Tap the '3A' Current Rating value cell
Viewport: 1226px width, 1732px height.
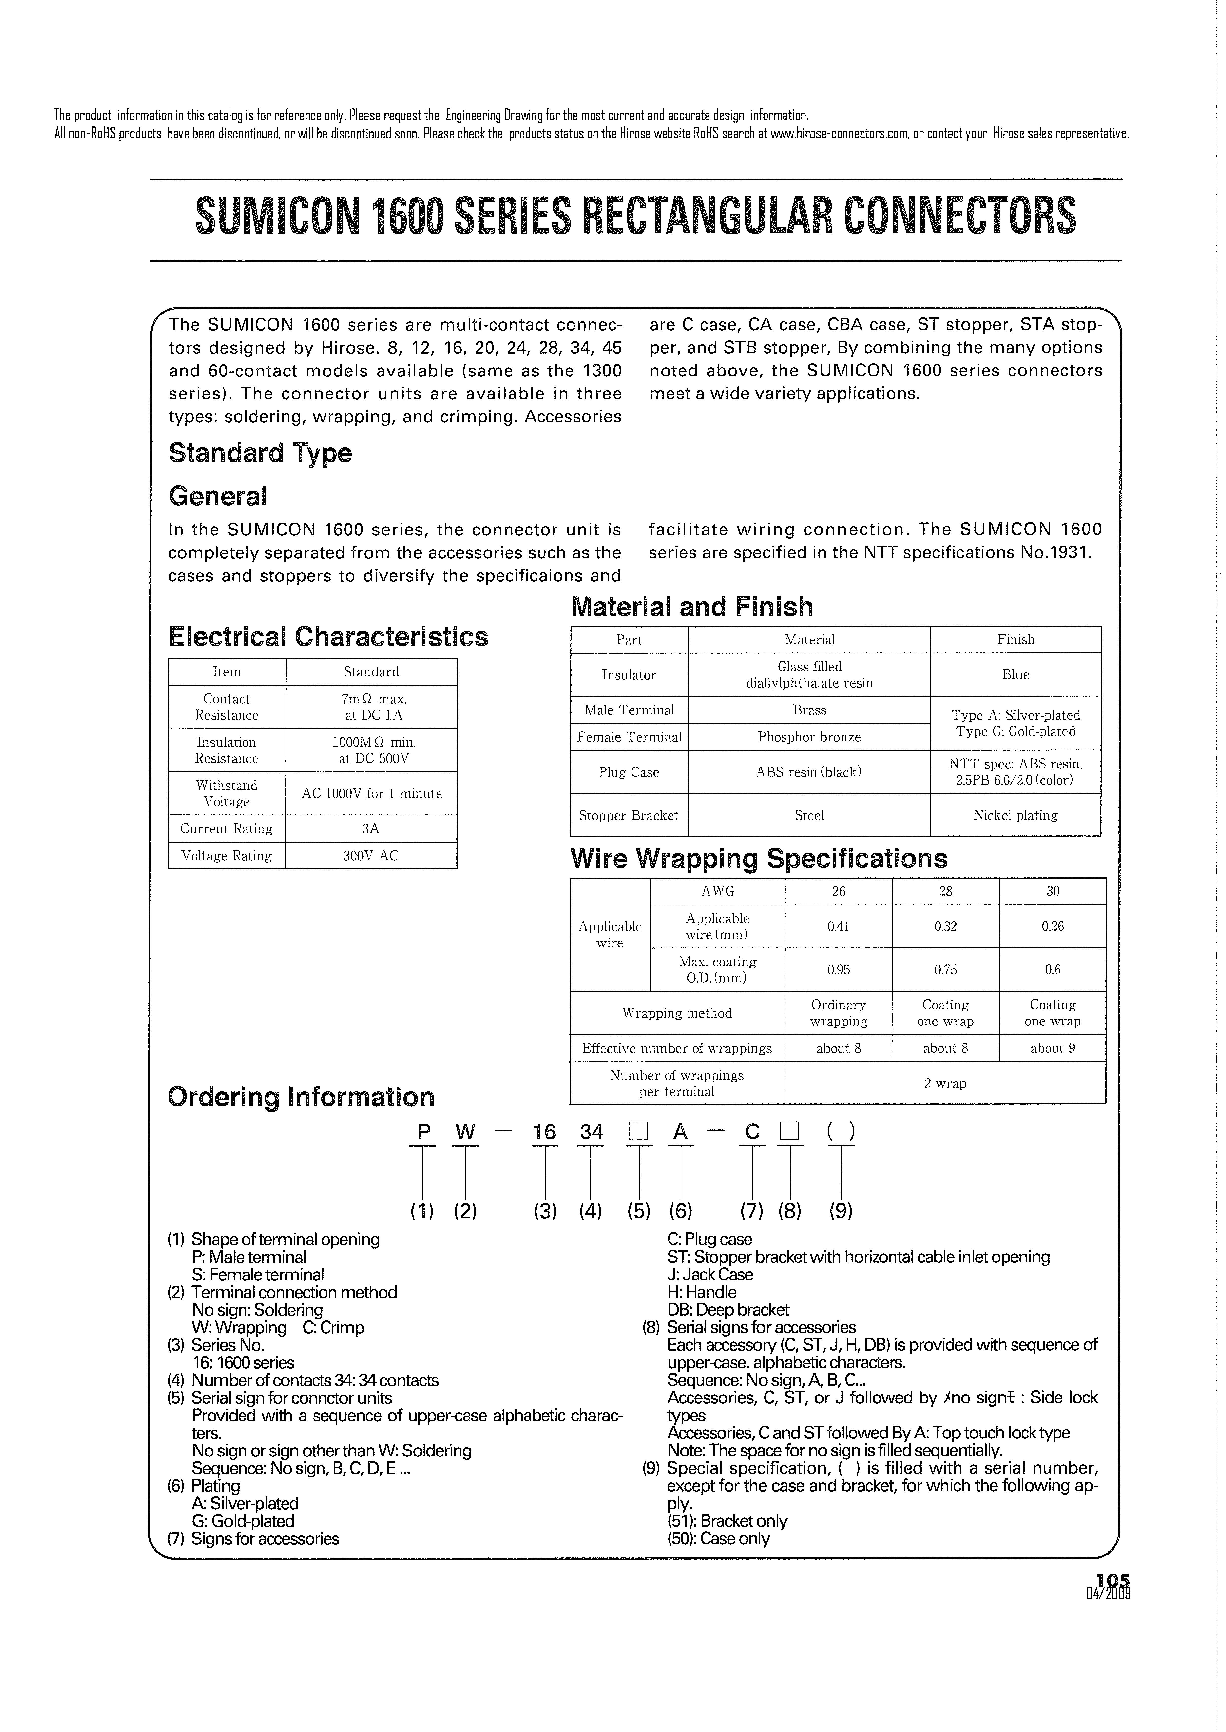pos(371,828)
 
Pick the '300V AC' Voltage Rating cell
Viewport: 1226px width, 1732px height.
pos(371,855)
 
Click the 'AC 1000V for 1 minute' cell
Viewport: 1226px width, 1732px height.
pos(371,793)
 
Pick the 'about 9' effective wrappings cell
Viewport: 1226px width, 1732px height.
pos(1052,1048)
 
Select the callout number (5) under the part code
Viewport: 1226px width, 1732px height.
pos(639,1211)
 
